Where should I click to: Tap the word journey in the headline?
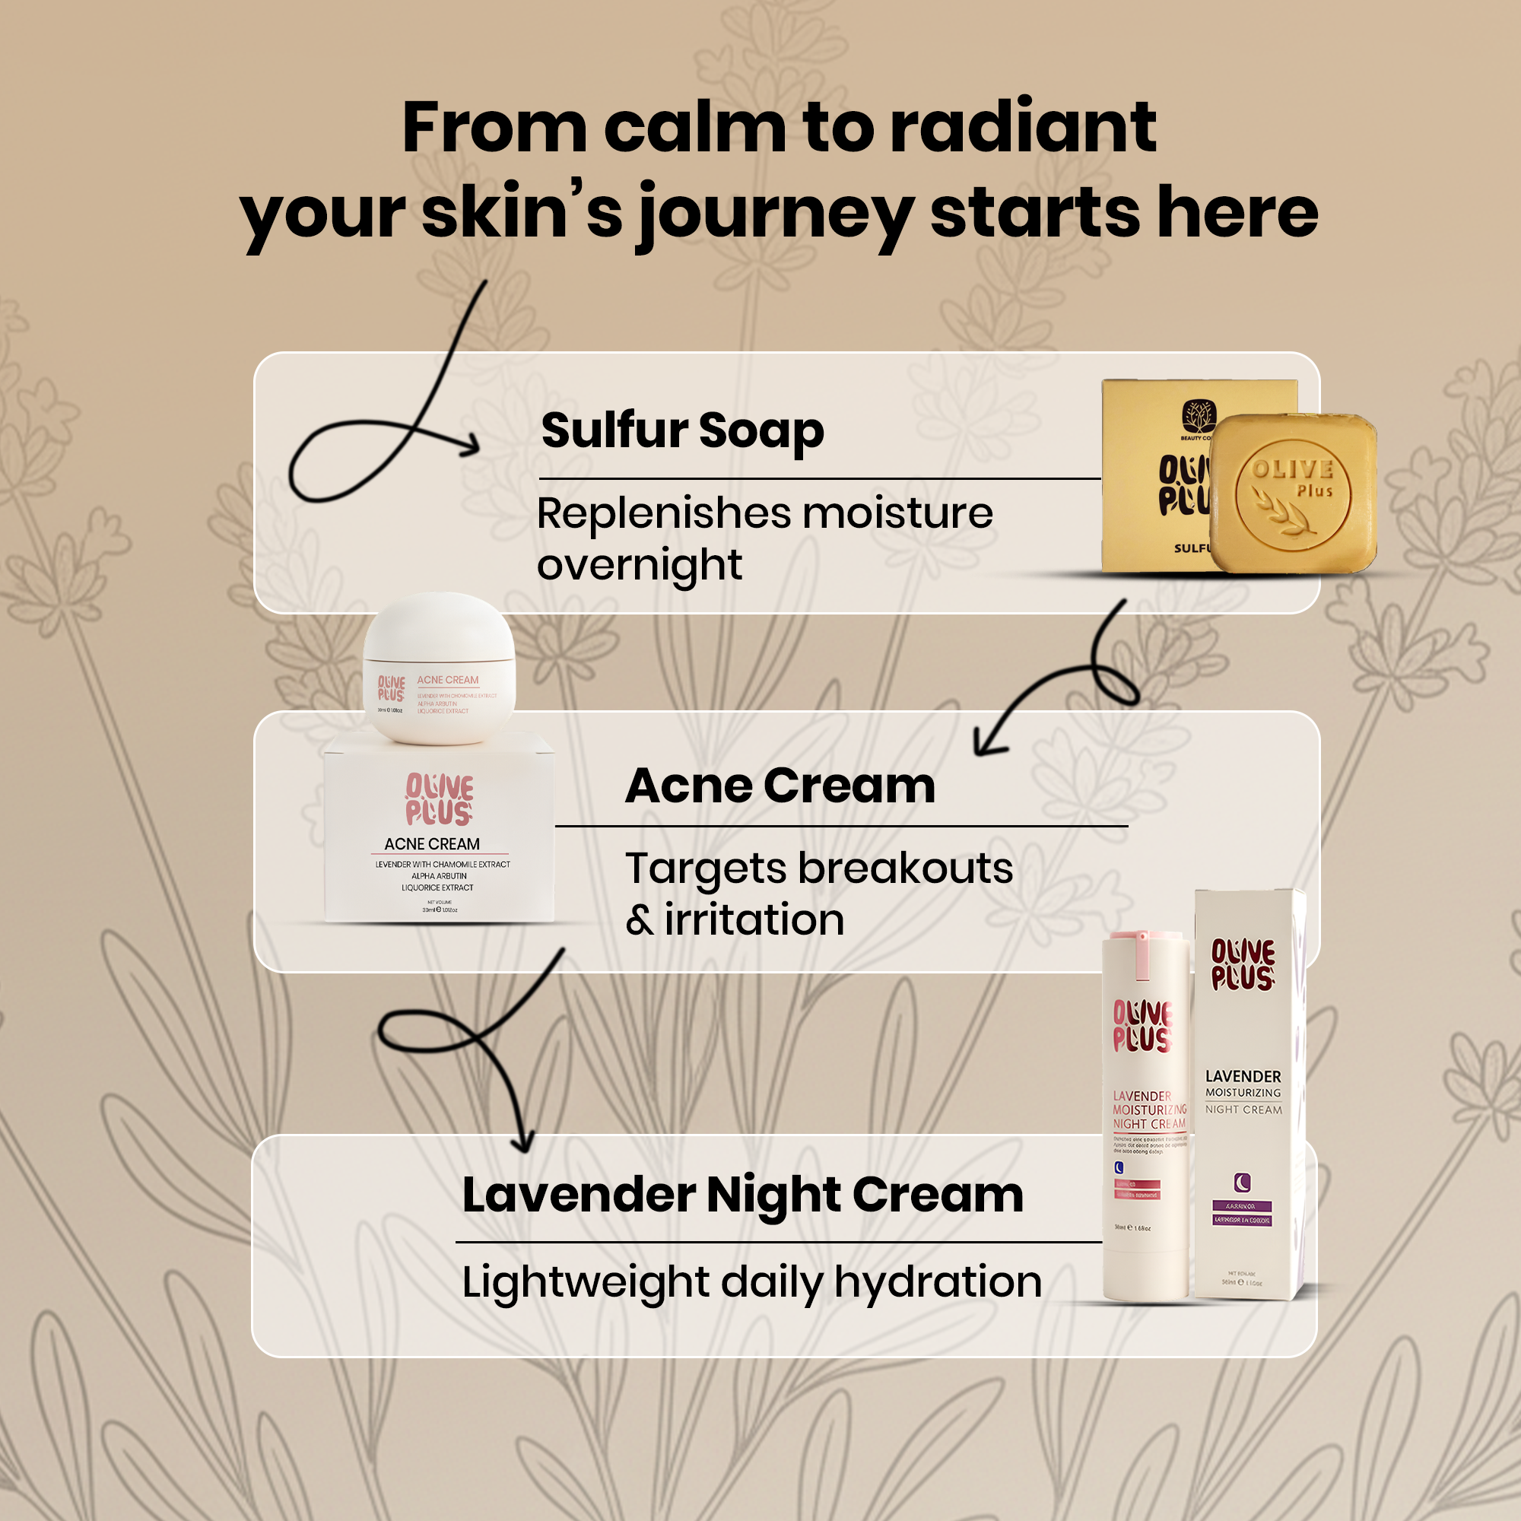click(x=775, y=214)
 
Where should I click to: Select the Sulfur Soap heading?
click(x=683, y=430)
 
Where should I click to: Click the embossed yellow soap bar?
click(x=1293, y=493)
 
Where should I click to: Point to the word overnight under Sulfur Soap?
click(x=640, y=565)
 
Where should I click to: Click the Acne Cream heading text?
click(x=780, y=786)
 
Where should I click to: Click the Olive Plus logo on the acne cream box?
click(x=440, y=799)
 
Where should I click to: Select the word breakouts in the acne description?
click(x=905, y=868)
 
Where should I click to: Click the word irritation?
click(x=754, y=919)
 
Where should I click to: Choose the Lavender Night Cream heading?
click(x=742, y=1195)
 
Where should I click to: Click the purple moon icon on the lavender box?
click(x=1243, y=1183)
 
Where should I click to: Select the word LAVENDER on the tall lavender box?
click(x=1243, y=1076)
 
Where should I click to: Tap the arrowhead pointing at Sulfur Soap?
click(x=471, y=446)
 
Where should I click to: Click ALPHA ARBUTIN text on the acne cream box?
click(x=439, y=875)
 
